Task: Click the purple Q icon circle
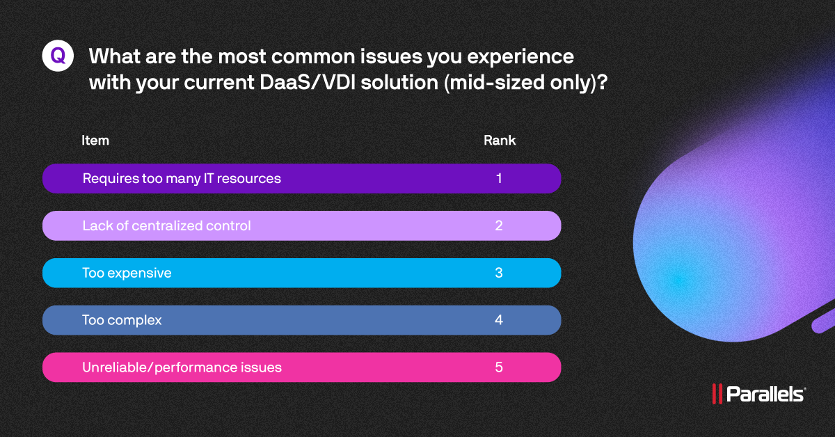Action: (58, 56)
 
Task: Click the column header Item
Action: (95, 141)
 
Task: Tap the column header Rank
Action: (500, 141)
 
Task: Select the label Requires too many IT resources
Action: (182, 179)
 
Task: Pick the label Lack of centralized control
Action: (166, 226)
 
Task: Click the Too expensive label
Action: (127, 273)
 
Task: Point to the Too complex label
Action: (122, 321)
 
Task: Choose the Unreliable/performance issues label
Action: (182, 367)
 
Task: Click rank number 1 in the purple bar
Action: (499, 179)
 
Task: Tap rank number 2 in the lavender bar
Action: (499, 226)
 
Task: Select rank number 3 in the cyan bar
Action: (499, 273)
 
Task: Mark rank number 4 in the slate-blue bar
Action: (499, 321)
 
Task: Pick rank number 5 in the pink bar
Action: (499, 367)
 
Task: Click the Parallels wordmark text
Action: (765, 395)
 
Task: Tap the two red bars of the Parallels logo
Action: (717, 395)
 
